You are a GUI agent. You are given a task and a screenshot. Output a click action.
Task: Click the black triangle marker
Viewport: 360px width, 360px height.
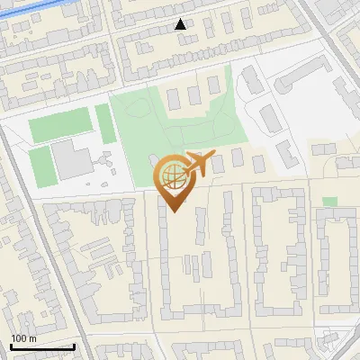point(181,24)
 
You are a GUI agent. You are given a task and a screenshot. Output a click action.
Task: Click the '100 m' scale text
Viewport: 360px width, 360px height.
point(23,338)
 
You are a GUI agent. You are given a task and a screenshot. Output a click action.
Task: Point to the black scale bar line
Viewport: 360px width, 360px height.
point(42,346)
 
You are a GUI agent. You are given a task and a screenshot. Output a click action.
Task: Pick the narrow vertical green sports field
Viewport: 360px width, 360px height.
point(103,123)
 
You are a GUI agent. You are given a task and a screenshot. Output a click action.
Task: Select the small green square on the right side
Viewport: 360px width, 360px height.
point(330,202)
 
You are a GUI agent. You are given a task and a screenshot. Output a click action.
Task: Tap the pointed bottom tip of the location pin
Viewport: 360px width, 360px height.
point(173,210)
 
